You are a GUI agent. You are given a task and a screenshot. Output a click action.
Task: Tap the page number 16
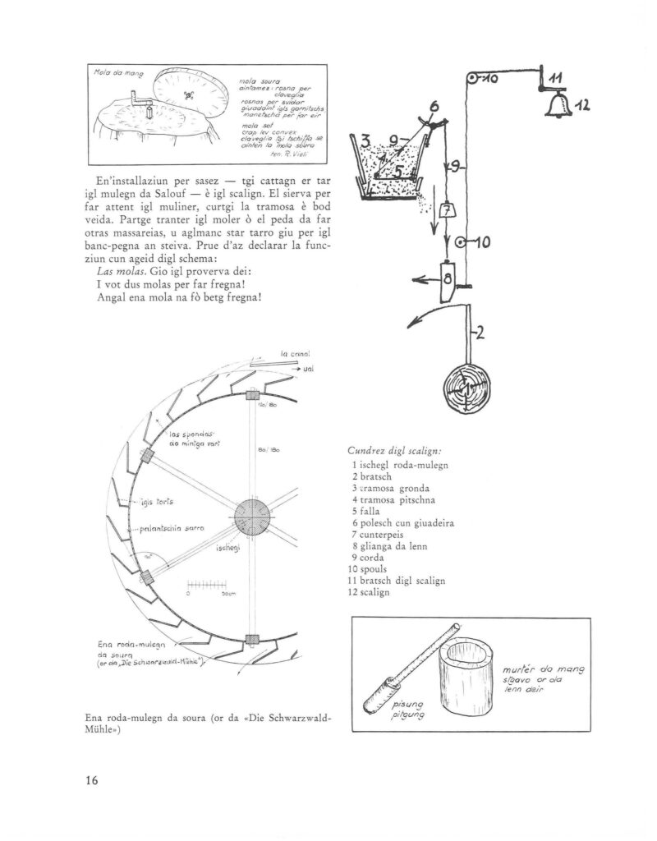[x=91, y=780]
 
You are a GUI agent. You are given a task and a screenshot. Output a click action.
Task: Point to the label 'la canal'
[x=294, y=354]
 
